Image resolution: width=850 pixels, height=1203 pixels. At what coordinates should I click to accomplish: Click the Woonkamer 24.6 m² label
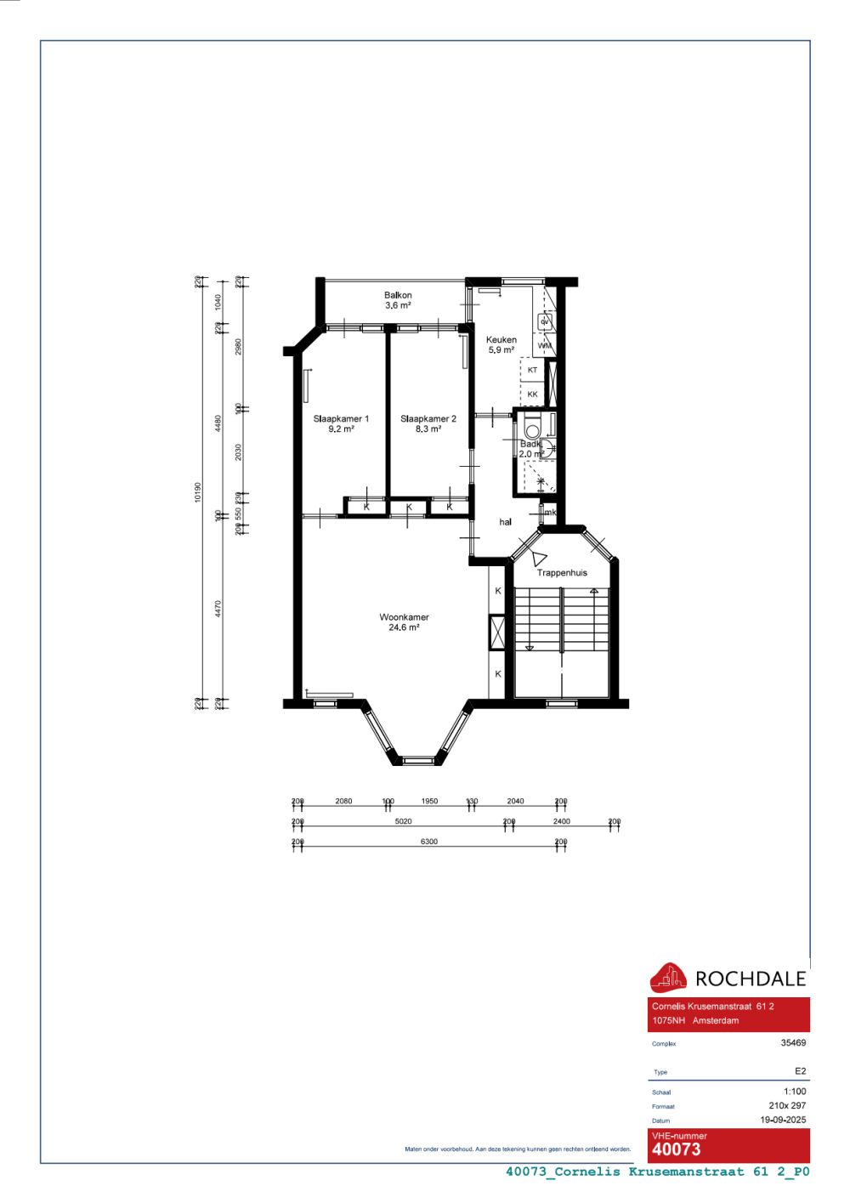[404, 622]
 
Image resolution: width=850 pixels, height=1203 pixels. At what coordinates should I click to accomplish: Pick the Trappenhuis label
[562, 573]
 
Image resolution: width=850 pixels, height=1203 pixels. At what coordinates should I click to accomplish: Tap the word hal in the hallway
[506, 522]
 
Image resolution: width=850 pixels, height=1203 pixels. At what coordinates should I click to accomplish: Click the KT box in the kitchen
[532, 371]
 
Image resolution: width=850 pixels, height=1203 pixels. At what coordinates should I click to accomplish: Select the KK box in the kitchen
[532, 394]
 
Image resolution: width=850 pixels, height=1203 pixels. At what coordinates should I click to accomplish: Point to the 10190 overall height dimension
[198, 492]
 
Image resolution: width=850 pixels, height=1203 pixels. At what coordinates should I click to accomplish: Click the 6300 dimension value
[429, 842]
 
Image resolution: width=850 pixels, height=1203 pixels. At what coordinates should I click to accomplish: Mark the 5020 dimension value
[403, 821]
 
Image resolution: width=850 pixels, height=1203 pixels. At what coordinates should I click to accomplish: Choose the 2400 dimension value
[562, 821]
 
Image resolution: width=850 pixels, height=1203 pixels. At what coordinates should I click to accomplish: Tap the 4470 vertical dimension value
[218, 609]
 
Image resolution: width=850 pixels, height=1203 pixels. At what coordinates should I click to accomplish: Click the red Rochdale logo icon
[668, 978]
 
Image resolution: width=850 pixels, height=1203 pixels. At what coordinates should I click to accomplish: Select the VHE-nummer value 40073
[677, 1149]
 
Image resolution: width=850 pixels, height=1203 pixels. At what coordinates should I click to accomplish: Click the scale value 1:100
[795, 1092]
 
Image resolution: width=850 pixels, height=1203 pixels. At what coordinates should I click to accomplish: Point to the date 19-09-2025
[783, 1120]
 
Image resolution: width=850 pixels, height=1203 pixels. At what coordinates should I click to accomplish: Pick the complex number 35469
[793, 1042]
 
